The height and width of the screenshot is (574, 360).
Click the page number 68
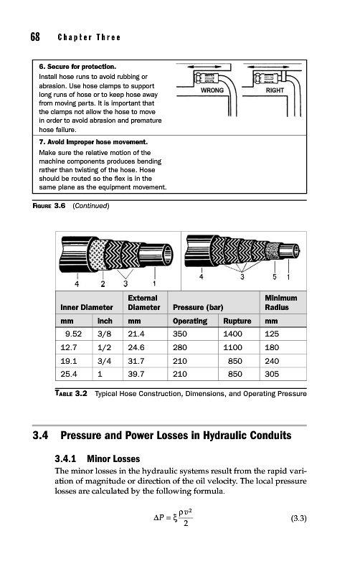tap(35, 37)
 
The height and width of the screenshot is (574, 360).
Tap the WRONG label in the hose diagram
tap(212, 90)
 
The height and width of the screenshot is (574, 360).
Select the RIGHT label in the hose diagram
tap(275, 90)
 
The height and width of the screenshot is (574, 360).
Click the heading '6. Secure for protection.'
tap(77, 67)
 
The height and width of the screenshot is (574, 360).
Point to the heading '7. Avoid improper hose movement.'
tap(93, 142)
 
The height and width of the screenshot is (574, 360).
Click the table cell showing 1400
tap(232, 334)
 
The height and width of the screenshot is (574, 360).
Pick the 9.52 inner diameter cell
tap(73, 334)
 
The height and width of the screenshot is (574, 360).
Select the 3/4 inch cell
tap(104, 361)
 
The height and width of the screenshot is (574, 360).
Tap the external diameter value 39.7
tap(136, 374)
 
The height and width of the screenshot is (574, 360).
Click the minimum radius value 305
tap(272, 374)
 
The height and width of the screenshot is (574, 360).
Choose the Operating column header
tap(190, 321)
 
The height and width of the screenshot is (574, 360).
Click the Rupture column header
tap(237, 321)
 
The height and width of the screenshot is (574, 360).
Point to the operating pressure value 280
tap(179, 347)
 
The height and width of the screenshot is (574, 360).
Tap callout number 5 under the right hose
tap(275, 277)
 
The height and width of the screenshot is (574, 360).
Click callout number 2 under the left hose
tap(103, 283)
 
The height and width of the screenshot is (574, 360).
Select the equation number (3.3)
tap(298, 518)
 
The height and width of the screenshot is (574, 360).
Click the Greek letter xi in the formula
tap(176, 518)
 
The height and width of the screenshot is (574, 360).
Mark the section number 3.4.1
tap(65, 458)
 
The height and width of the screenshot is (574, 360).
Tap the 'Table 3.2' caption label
tap(71, 393)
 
